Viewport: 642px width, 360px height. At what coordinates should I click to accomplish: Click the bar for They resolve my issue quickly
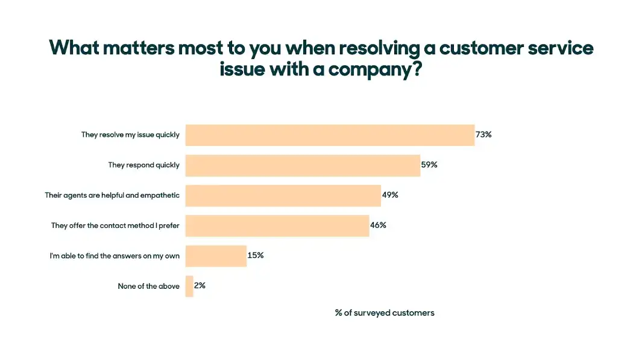click(330, 135)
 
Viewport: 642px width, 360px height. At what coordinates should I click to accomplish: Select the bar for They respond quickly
click(303, 165)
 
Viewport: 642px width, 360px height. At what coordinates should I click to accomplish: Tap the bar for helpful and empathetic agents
click(283, 195)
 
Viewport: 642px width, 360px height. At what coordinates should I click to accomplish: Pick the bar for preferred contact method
click(277, 226)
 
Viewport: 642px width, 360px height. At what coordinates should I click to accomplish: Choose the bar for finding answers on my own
click(216, 256)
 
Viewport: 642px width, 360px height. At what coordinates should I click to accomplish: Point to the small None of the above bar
click(189, 286)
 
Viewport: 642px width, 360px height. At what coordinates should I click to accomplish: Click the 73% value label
click(483, 134)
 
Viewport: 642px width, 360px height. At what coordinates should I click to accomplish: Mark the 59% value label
click(429, 165)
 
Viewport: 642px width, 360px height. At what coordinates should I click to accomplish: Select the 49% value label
click(390, 195)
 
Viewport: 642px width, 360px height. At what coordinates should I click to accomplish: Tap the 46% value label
click(378, 225)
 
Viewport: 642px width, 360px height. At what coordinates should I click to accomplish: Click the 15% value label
click(256, 255)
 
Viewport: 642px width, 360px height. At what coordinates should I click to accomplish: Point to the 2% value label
click(200, 285)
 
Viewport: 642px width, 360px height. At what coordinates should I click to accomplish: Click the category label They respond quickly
click(143, 165)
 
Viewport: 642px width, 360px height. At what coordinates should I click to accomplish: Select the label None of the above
click(148, 286)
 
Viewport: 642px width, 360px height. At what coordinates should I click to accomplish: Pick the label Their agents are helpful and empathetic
click(112, 195)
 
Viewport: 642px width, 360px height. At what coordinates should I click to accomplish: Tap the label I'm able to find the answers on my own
click(115, 256)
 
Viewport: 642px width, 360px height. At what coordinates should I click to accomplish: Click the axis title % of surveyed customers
click(385, 313)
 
